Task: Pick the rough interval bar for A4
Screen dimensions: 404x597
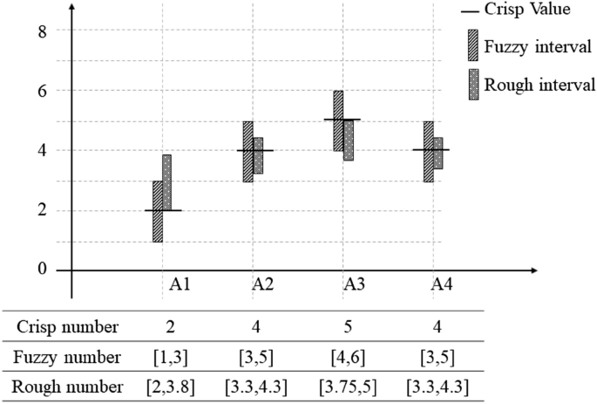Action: pos(438,153)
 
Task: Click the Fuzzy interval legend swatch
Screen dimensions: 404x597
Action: pos(473,43)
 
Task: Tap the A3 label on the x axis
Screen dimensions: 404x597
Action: pos(354,284)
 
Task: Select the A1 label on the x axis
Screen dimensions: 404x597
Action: pos(180,284)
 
